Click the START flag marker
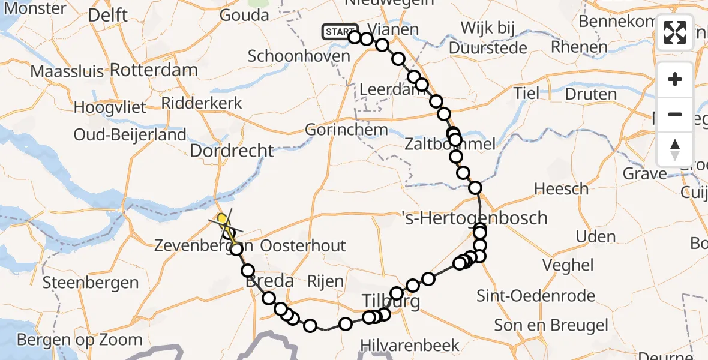[x=340, y=32]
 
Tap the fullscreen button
[x=675, y=32]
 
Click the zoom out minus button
[x=675, y=114]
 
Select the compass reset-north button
[x=675, y=148]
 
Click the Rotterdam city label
[x=154, y=70]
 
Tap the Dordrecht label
[x=232, y=151]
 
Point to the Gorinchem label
[x=346, y=130]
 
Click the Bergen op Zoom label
[x=80, y=340]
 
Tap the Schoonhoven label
[x=299, y=56]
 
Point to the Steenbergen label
[x=91, y=282]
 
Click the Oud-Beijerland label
[x=130, y=135]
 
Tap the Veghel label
[x=568, y=265]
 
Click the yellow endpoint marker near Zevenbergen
[x=223, y=219]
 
